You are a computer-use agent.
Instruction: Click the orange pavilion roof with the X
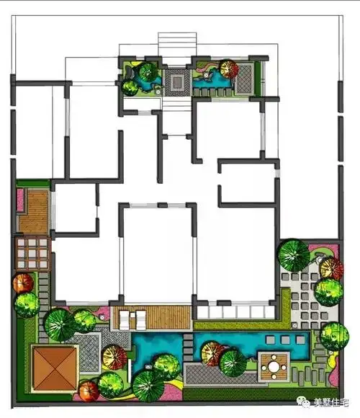coord(55,369)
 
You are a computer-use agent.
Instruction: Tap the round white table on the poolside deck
coord(274,367)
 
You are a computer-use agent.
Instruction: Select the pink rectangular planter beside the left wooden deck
coord(20,200)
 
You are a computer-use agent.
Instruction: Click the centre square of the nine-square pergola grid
coord(32,253)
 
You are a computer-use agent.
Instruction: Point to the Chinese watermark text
coord(331,402)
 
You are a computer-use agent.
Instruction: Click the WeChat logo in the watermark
coord(303,401)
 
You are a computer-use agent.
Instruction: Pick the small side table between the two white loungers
coord(132,315)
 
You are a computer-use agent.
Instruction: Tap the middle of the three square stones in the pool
coord(285,339)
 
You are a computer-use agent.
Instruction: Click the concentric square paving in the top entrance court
coord(177,82)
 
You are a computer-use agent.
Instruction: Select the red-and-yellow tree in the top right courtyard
coord(229,68)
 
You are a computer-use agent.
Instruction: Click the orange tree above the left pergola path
coord(24,283)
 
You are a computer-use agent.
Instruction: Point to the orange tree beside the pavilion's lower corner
coord(89,391)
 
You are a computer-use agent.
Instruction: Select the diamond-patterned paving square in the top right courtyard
coord(244,79)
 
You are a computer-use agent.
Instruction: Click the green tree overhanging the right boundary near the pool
coord(334,337)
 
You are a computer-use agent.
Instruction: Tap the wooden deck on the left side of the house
coord(34,212)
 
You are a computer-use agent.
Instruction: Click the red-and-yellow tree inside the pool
coord(212,354)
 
